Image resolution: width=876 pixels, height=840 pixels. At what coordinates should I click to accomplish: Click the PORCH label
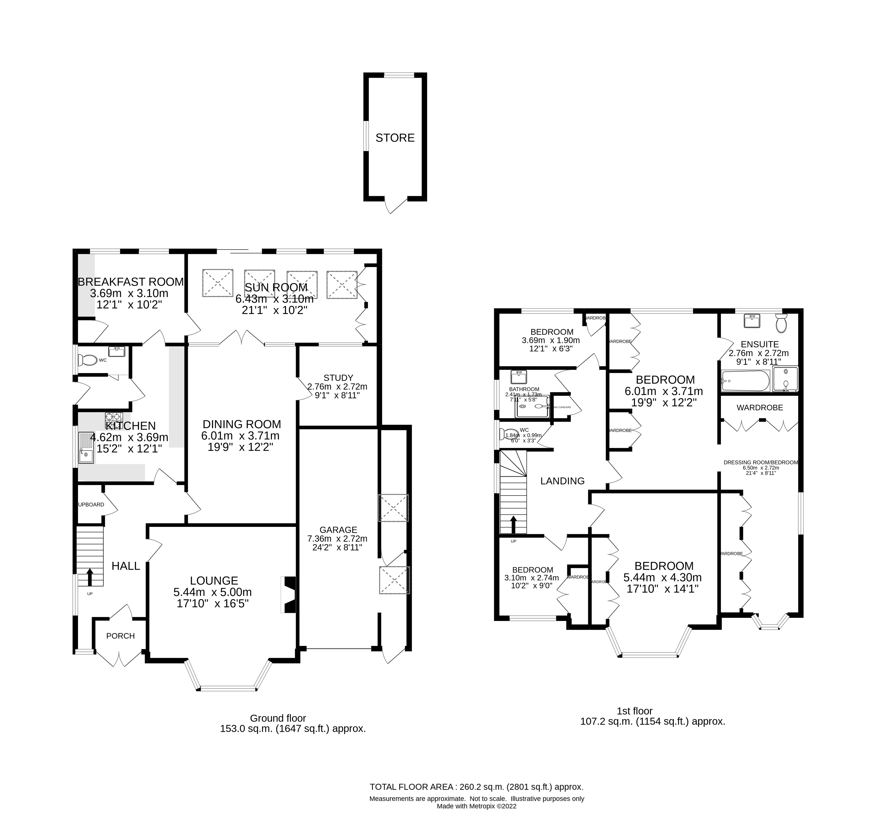pyautogui.click(x=120, y=636)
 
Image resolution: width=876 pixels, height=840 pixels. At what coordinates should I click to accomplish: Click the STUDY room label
pyautogui.click(x=338, y=378)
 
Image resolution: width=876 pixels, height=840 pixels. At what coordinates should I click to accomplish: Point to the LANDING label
pyautogui.click(x=562, y=481)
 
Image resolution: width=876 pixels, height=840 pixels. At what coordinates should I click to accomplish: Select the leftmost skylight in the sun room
pyautogui.click(x=218, y=283)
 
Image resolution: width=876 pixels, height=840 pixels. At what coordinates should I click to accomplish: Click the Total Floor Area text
pyautogui.click(x=476, y=787)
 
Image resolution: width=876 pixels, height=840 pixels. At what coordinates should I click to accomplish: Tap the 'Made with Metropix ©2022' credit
pyautogui.click(x=476, y=807)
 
